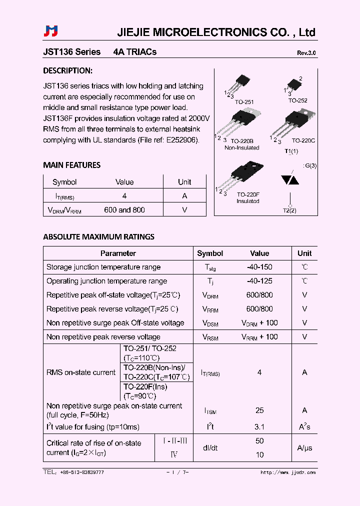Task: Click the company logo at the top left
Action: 51,31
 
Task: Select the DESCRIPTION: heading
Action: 67,71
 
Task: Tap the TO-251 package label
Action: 244,102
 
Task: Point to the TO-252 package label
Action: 297,100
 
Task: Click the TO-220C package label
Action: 303,141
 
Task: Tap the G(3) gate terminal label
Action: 310,166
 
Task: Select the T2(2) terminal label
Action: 289,210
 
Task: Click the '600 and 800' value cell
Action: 124,210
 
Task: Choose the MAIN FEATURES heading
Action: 71,165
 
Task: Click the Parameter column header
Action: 118,253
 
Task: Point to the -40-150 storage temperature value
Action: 259,267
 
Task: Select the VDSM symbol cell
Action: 210,323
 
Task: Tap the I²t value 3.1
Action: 259,427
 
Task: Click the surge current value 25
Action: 259,410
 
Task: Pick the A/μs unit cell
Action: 304,448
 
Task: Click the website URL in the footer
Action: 288,472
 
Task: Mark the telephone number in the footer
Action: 73,472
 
